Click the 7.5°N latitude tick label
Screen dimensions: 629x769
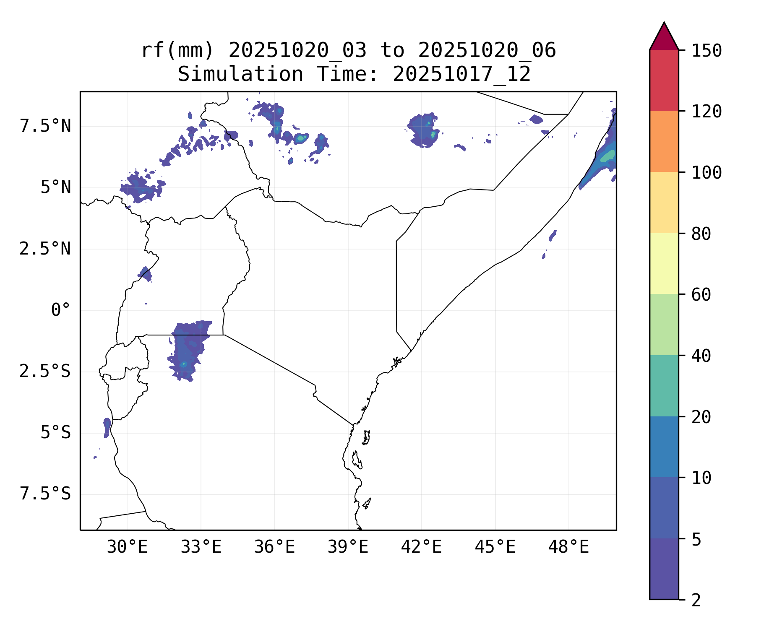[x=45, y=126]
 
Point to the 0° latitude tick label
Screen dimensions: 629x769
[x=60, y=310]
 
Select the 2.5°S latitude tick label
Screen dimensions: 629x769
[x=45, y=372]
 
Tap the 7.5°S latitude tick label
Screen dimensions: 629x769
[x=45, y=494]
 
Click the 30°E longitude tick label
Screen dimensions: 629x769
[x=127, y=547]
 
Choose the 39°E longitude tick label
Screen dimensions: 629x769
[x=348, y=547]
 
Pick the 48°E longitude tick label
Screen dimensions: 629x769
[x=568, y=547]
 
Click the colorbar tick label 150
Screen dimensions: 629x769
[x=706, y=51]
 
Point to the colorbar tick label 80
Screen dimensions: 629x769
[x=701, y=234]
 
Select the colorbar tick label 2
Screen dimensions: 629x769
[x=696, y=600]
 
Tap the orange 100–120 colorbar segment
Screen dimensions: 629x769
[x=664, y=141]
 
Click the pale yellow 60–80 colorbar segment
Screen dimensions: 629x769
[x=664, y=263]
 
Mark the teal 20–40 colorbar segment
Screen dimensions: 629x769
[x=664, y=386]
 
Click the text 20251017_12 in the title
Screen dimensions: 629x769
[x=461, y=75]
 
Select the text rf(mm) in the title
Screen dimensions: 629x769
[x=177, y=51]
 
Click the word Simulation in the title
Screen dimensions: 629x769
[x=240, y=75]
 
